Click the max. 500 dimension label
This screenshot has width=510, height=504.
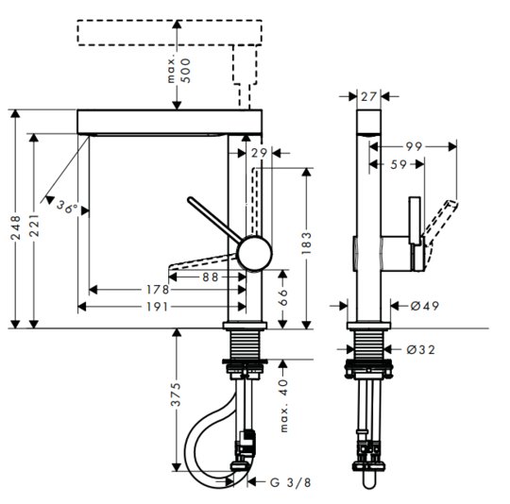(x=178, y=70)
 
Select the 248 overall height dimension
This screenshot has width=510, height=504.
(x=16, y=227)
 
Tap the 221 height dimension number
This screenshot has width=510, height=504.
(x=34, y=226)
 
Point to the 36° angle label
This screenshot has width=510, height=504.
(x=67, y=207)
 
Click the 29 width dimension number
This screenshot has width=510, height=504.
(x=259, y=153)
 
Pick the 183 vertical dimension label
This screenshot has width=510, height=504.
(x=306, y=244)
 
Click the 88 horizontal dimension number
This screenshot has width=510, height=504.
(x=210, y=277)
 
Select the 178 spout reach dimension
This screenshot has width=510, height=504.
(x=158, y=290)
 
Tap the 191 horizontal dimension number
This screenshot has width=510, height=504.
(x=157, y=307)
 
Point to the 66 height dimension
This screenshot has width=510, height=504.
(x=283, y=297)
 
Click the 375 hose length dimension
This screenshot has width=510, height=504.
(x=176, y=395)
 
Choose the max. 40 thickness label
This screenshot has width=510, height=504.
(x=284, y=406)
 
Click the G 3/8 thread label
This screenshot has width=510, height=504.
(x=291, y=482)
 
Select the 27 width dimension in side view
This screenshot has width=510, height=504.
(x=369, y=96)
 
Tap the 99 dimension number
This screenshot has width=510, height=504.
(x=414, y=147)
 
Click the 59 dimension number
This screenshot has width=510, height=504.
(x=399, y=164)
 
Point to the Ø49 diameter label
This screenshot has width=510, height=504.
(x=424, y=306)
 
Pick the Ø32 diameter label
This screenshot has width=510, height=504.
(x=420, y=349)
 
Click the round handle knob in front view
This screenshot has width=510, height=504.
(x=254, y=254)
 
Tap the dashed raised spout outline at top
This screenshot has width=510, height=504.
(x=169, y=32)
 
